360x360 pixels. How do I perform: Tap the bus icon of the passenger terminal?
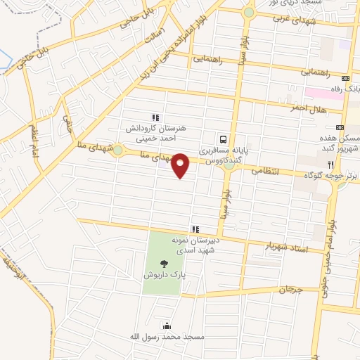[x=223, y=139]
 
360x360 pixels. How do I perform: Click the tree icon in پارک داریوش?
[x=164, y=264]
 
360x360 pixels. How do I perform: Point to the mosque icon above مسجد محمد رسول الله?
[x=166, y=326]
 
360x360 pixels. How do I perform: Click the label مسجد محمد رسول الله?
[x=166, y=337]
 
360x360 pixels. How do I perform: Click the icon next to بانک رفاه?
[x=345, y=79]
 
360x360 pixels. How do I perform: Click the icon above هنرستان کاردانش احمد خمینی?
[x=155, y=117]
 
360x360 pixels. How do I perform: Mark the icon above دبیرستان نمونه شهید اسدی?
[x=195, y=229]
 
